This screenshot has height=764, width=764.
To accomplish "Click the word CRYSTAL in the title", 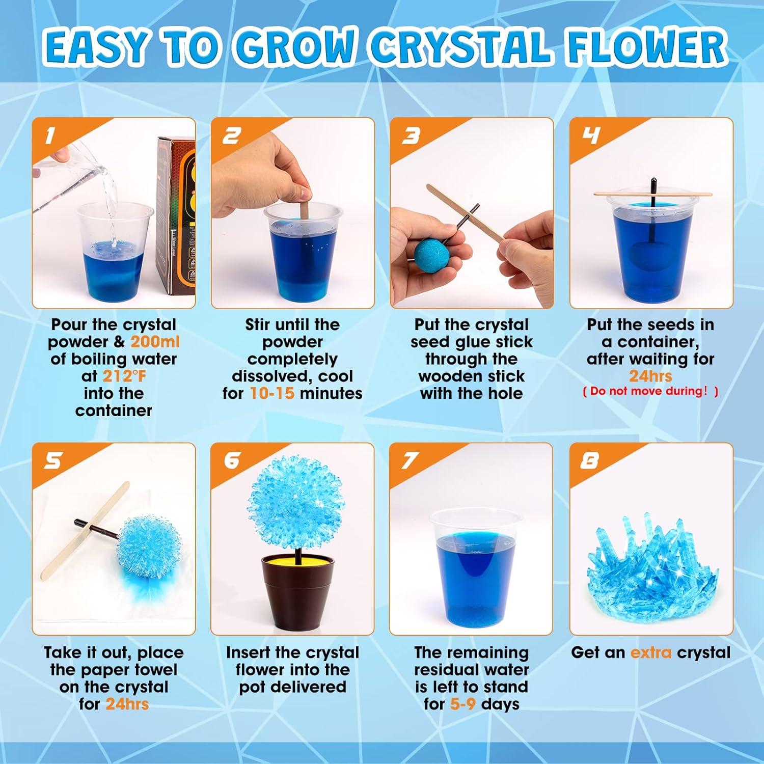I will (x=461, y=47).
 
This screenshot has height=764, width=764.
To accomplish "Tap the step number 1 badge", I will (x=49, y=135).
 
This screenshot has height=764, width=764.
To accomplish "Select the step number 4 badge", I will (x=590, y=135).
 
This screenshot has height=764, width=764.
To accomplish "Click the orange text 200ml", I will (x=155, y=342).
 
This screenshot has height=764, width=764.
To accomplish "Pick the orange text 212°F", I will (x=124, y=376).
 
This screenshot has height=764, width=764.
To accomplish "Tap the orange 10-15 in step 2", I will (x=272, y=393).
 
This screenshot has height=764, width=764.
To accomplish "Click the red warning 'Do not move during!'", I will (x=650, y=391).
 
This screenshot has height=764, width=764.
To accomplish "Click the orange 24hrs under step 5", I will (x=127, y=704).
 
